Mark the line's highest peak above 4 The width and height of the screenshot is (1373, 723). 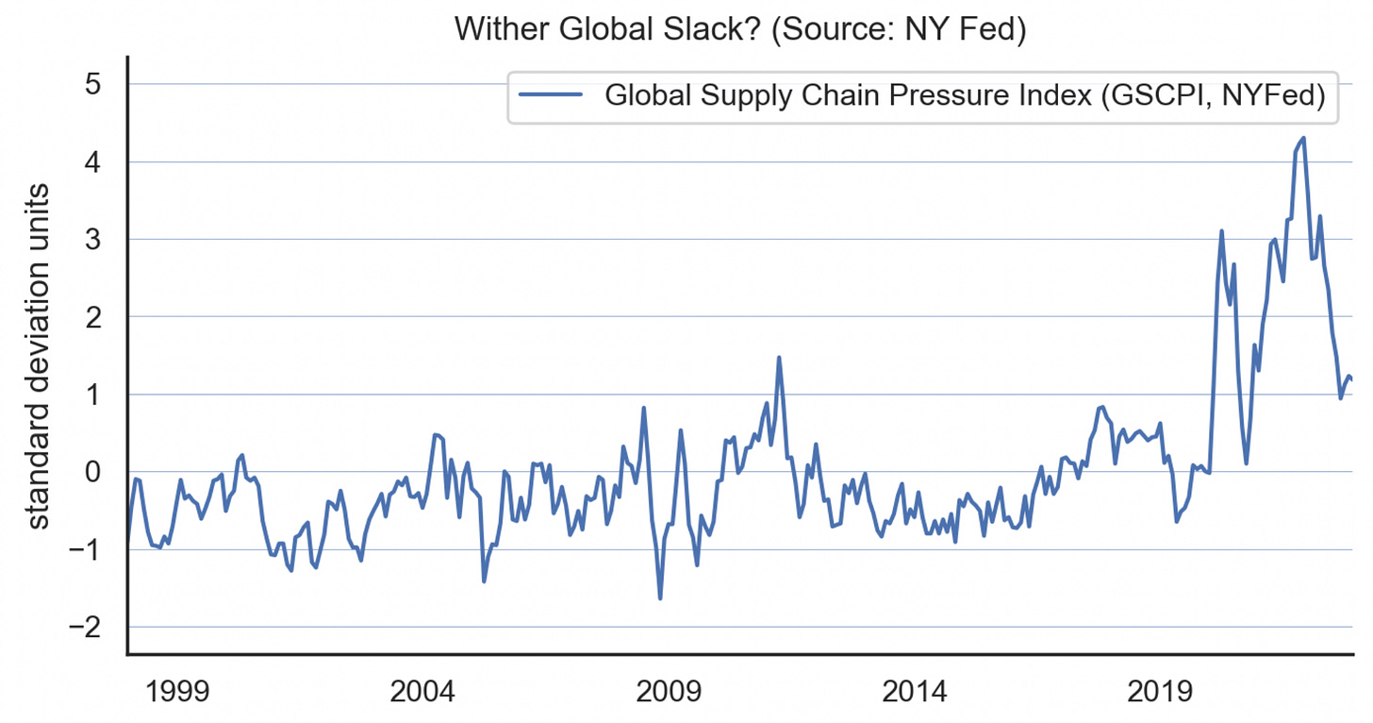point(1303,138)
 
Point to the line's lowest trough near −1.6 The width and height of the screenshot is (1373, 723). point(660,598)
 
